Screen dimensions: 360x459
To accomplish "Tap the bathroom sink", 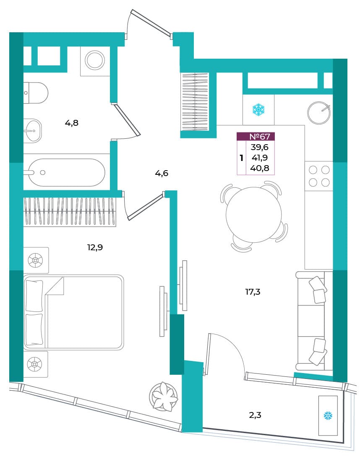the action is [x=32, y=131].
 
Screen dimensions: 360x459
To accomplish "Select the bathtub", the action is [x=67, y=173].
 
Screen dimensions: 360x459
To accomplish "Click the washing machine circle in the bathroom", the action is [x=95, y=60].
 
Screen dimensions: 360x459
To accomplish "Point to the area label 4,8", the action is [x=71, y=123].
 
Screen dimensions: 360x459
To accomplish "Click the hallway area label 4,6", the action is [x=162, y=173].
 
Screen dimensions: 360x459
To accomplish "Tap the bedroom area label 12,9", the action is [x=95, y=248].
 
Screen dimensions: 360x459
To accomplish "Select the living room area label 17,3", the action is [x=253, y=292].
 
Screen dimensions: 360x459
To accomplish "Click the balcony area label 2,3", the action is [x=255, y=415].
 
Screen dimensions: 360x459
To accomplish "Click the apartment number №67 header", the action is [x=260, y=136].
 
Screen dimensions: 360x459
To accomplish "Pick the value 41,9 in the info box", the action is [x=260, y=158].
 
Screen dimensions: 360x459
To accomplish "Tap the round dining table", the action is [x=254, y=215].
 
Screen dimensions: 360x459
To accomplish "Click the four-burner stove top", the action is [x=319, y=176].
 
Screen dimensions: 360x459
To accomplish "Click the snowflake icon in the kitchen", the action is [x=258, y=109].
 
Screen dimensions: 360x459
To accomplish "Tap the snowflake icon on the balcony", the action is [x=328, y=416].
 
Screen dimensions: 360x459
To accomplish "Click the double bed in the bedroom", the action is [x=73, y=312].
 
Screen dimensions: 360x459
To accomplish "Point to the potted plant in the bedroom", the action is [x=164, y=397].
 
